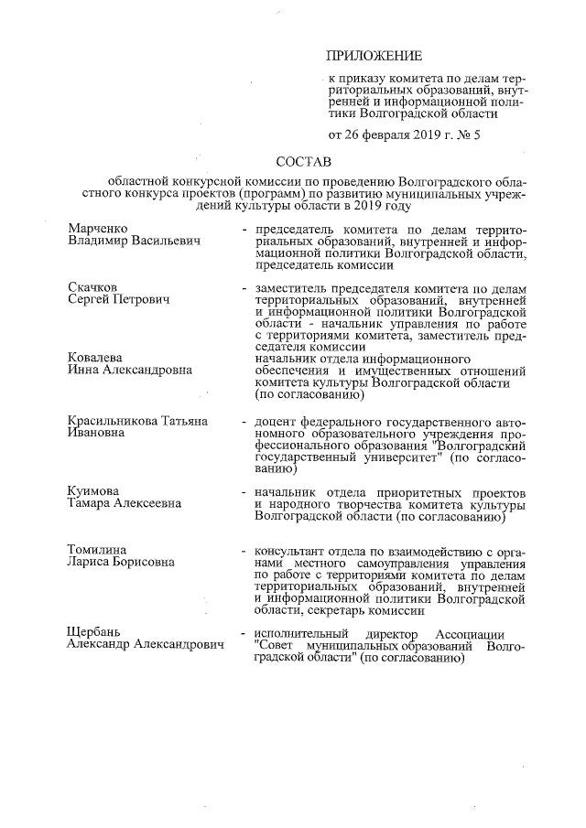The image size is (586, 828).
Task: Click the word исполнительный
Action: [x=302, y=634]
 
